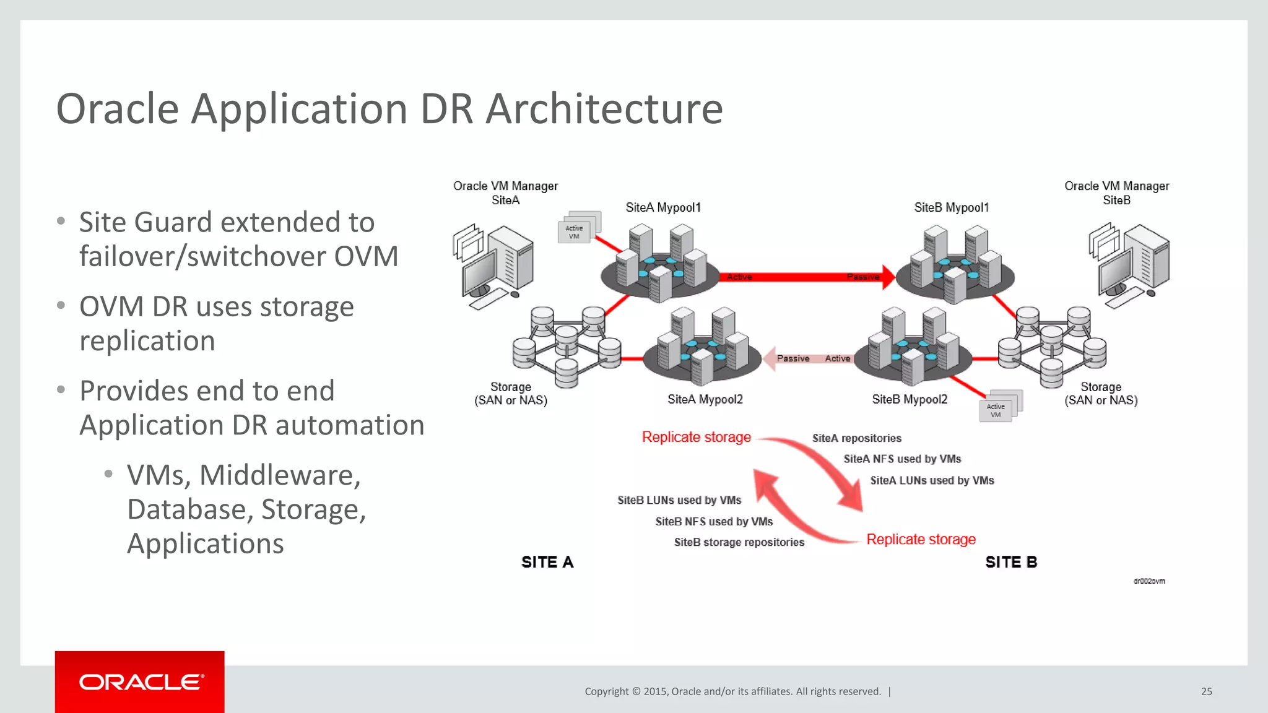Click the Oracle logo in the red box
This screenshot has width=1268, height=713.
point(141,682)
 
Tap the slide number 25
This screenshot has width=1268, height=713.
point(1206,691)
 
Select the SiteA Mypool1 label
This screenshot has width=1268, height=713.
point(663,207)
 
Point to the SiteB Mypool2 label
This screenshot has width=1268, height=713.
point(910,399)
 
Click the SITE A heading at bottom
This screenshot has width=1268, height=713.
point(547,562)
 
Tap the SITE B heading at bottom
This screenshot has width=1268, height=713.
point(1011,562)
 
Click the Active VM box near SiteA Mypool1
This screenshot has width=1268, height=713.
point(575,232)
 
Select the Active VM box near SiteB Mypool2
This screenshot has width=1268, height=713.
point(996,410)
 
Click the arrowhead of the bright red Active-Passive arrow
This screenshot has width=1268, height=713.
point(889,277)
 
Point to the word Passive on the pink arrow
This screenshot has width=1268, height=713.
point(793,358)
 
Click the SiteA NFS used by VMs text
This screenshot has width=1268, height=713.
point(902,459)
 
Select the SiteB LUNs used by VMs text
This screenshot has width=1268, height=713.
point(679,500)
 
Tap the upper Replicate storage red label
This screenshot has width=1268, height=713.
point(697,437)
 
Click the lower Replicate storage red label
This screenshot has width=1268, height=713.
point(921,539)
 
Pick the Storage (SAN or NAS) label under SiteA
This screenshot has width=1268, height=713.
point(511,394)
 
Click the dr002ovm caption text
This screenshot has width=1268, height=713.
point(1149,581)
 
